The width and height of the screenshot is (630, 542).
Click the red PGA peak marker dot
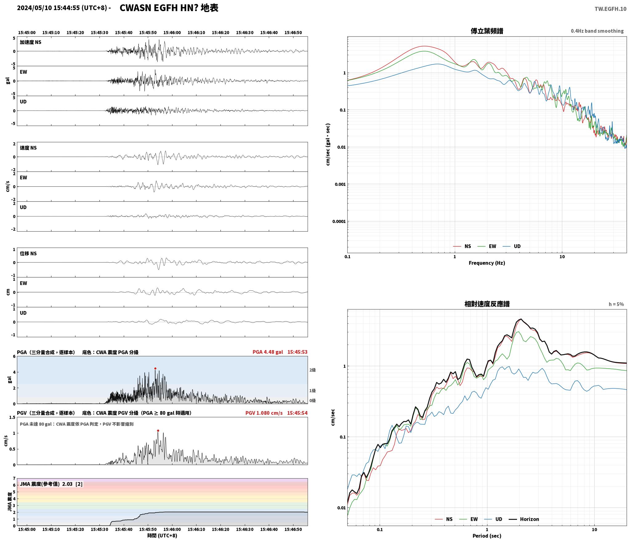(155, 368)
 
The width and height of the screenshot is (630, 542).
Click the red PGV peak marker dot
(158, 431)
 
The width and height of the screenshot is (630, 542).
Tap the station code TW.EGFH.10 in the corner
(610, 9)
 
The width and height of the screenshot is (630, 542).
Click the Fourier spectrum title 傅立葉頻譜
(487, 31)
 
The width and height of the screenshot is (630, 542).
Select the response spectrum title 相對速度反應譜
(487, 304)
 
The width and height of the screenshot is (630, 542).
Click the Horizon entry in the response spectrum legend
(523, 519)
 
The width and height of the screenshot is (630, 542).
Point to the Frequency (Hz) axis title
(487, 263)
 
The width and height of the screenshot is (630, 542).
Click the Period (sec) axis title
(487, 536)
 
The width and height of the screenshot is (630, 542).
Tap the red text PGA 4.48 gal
(268, 352)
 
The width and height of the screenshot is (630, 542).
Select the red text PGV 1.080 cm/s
(264, 413)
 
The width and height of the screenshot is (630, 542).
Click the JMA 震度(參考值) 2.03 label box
(51, 484)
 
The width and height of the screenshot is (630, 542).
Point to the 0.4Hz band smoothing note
(597, 31)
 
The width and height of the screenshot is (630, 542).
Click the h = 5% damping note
(616, 304)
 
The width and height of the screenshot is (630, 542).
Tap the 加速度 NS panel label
(30, 42)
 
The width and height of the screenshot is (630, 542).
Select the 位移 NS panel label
(28, 253)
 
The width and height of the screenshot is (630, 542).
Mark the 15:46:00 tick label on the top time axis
(172, 32)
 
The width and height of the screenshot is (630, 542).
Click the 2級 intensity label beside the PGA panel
(313, 370)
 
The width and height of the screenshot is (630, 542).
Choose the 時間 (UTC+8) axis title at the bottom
(162, 536)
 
